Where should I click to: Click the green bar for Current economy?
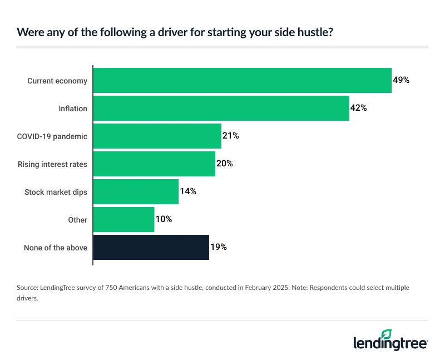point(242,81)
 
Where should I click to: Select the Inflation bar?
point(221,109)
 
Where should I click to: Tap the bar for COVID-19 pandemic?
point(157,136)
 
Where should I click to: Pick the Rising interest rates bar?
point(154,164)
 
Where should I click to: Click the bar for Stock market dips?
point(136,192)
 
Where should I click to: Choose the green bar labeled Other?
point(123,220)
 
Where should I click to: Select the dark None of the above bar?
point(151,248)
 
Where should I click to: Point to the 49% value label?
point(401,80)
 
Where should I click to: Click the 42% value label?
point(358,108)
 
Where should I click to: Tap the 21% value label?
point(230,136)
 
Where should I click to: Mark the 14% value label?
point(188,191)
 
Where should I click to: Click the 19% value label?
point(218,247)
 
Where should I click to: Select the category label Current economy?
point(57,81)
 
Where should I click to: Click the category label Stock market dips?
point(56,192)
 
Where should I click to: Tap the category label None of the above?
point(55,248)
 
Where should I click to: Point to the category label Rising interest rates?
point(52,164)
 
